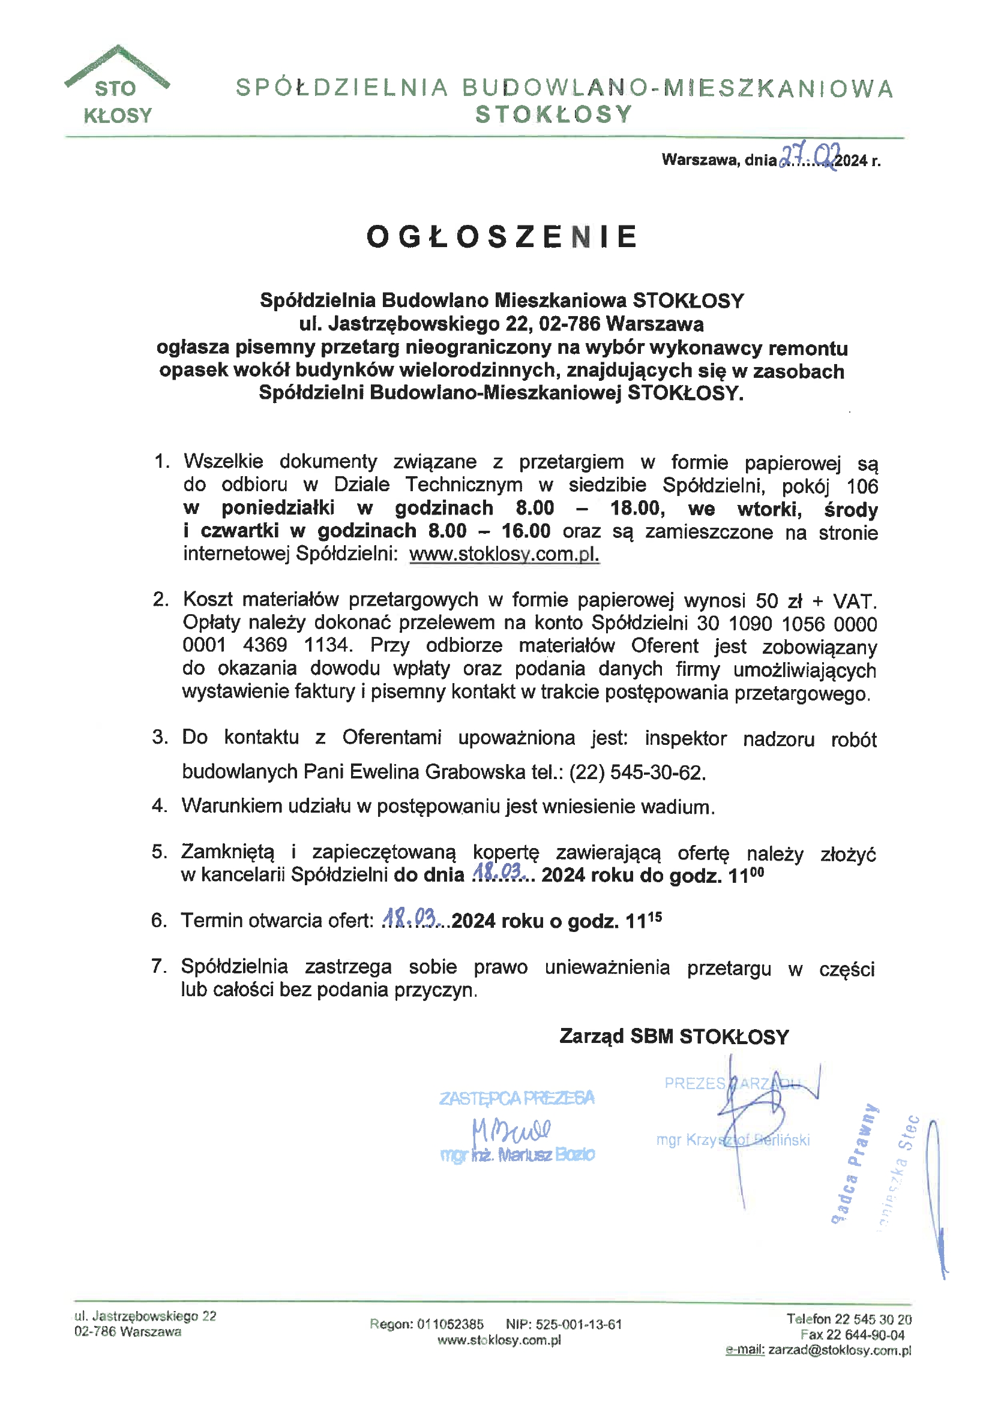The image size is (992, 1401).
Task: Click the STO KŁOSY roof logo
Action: [116, 86]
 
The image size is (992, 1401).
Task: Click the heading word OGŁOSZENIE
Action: [502, 237]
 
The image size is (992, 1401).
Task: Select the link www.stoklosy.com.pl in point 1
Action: [504, 554]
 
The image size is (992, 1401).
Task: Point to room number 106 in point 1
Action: [862, 486]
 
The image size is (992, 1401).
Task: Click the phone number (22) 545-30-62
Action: [637, 772]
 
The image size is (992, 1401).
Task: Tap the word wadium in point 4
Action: [680, 807]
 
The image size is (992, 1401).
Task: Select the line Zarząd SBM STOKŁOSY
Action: [674, 1036]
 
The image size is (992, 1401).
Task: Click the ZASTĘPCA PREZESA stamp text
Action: [517, 1098]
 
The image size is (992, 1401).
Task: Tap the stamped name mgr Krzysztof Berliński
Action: [732, 1140]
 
